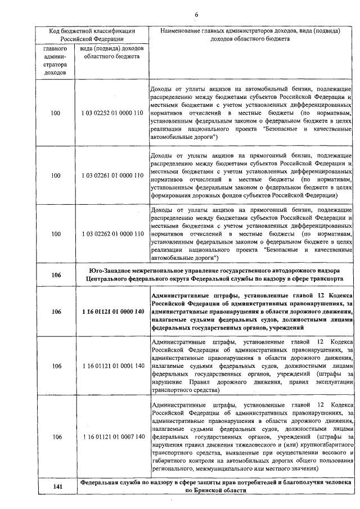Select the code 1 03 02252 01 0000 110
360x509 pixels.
112,114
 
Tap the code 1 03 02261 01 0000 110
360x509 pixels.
112,175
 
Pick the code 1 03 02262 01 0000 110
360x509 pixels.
112,233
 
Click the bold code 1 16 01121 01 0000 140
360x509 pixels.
112,311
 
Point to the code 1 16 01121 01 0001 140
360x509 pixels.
112,366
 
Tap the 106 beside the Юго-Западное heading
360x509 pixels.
55,274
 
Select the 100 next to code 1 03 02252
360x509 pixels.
55,114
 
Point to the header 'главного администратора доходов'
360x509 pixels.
55,60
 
